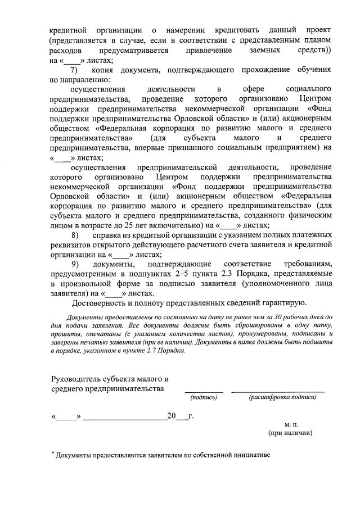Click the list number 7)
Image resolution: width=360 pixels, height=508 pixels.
point(73,70)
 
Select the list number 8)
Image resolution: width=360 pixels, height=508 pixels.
point(73,235)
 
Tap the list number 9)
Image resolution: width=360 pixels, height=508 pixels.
point(74,264)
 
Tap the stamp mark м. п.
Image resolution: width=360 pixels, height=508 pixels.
point(291,424)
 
